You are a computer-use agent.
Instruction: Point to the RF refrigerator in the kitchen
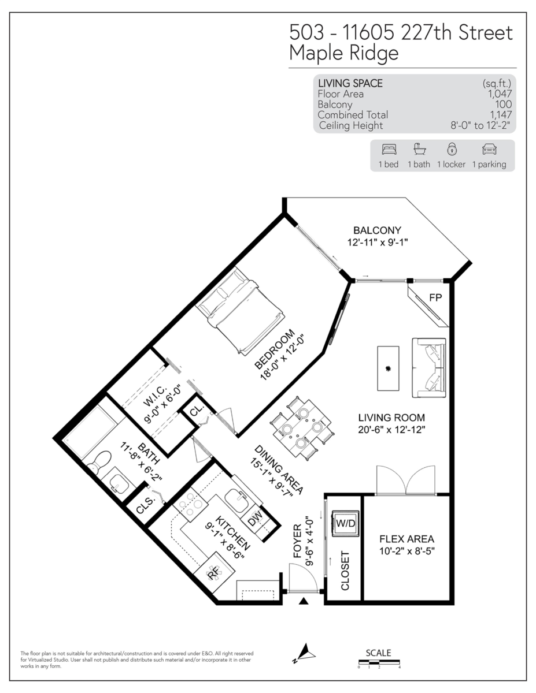point(214,572)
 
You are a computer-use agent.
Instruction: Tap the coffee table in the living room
point(388,368)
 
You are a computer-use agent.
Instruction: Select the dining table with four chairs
point(301,429)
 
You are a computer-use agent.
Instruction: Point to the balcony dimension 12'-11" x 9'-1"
point(378,243)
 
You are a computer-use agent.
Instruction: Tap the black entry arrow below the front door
point(304,602)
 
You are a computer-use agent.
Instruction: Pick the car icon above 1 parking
point(489,149)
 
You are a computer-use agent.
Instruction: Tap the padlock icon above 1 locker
point(451,149)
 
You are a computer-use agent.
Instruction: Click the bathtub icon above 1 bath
point(419,149)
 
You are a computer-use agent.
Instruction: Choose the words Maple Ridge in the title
point(344,53)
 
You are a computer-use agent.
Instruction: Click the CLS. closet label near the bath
point(145,506)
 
